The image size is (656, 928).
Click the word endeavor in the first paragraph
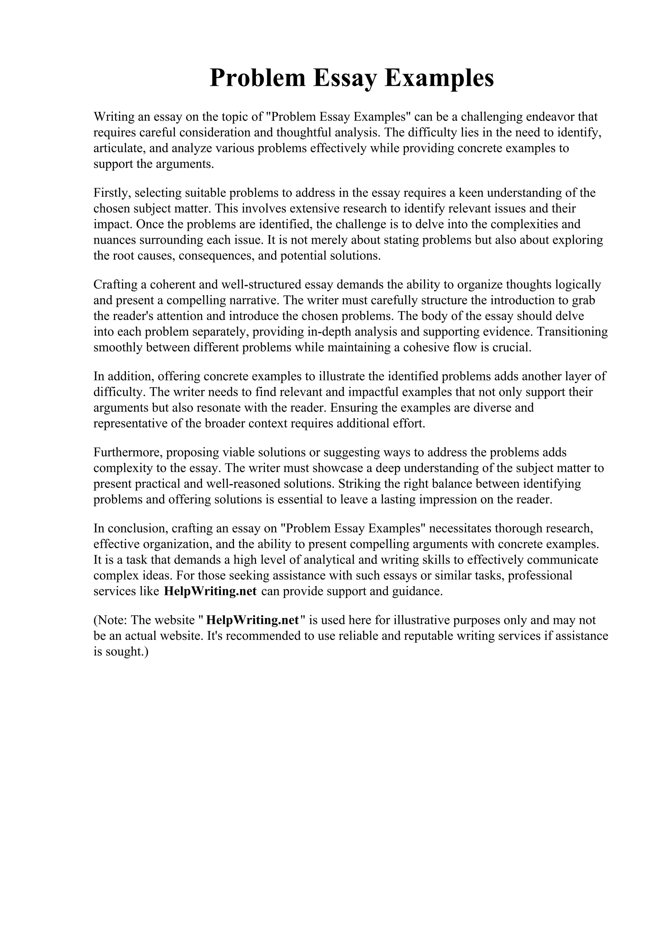tap(550, 117)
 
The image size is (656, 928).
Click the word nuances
tap(115, 240)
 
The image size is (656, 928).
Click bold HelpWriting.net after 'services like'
tap(210, 591)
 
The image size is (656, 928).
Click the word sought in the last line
tap(123, 652)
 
